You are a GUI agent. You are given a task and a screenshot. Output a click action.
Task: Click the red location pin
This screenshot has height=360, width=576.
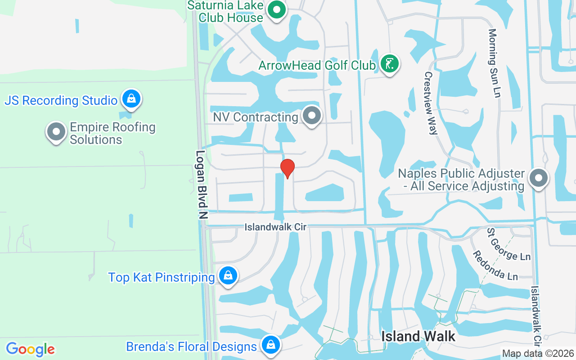(x=288, y=168)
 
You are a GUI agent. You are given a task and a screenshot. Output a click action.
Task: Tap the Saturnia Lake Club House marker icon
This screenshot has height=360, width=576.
(x=277, y=9)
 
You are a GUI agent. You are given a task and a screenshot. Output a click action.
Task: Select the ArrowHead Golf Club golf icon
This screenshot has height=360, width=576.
(x=389, y=63)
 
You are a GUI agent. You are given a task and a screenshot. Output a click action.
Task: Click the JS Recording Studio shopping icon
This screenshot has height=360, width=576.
(x=131, y=99)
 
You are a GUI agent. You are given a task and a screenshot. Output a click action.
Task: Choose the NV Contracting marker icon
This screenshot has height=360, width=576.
(x=311, y=116)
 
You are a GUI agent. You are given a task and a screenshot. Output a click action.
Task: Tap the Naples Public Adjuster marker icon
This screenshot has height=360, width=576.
(x=539, y=178)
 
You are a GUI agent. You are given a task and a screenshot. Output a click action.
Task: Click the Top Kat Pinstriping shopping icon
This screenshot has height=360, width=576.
(x=228, y=275)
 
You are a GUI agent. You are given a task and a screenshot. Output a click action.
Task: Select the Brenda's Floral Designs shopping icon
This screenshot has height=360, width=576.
(x=270, y=345)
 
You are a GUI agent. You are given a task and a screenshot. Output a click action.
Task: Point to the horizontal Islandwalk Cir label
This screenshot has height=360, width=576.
(x=275, y=227)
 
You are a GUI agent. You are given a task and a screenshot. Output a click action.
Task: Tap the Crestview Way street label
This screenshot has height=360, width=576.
(x=431, y=103)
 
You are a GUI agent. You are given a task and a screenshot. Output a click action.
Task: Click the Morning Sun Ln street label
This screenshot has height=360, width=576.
(x=494, y=63)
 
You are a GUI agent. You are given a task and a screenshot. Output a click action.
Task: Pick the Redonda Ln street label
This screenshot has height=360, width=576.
(x=495, y=265)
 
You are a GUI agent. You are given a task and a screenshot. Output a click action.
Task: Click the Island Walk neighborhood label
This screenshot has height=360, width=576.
(x=418, y=336)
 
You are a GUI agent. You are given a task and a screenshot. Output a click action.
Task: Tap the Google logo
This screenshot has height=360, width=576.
(x=31, y=349)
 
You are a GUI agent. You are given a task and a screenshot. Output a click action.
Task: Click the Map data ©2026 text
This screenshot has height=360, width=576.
(x=538, y=354)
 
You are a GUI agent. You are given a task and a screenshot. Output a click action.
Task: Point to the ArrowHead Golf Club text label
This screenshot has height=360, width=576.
(x=317, y=65)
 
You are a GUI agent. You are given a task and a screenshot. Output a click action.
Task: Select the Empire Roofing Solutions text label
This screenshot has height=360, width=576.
(x=112, y=133)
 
